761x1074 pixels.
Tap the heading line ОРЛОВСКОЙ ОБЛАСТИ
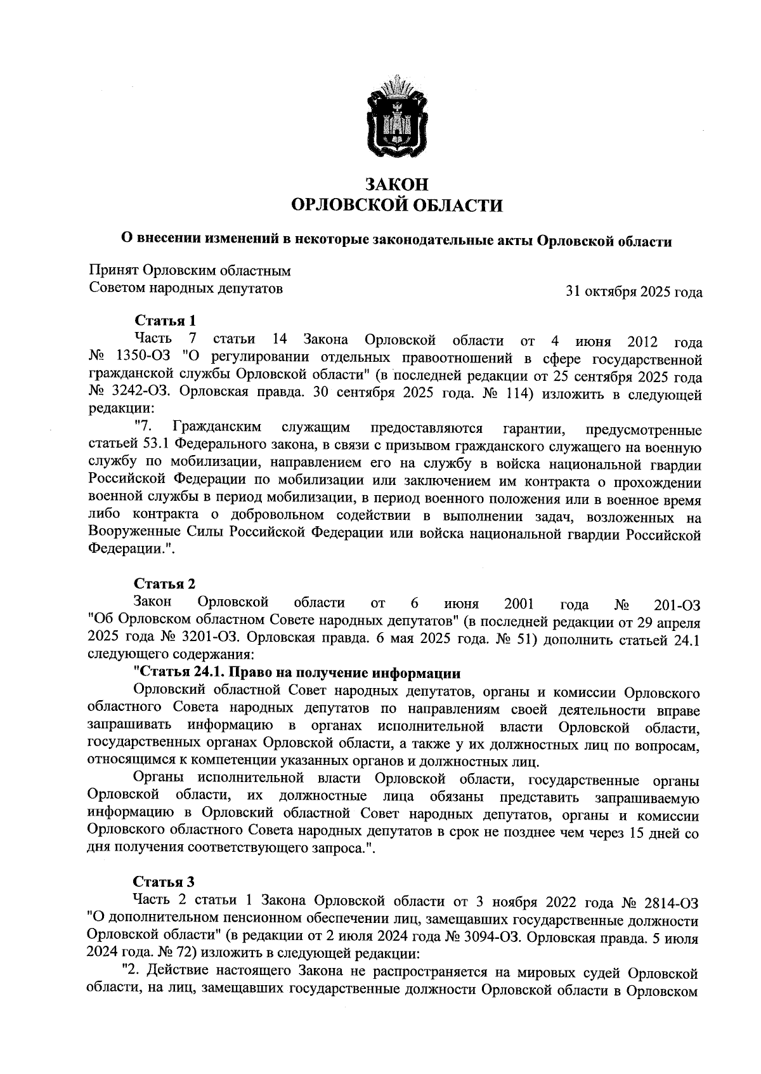(396, 206)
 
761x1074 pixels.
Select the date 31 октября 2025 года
(634, 293)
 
